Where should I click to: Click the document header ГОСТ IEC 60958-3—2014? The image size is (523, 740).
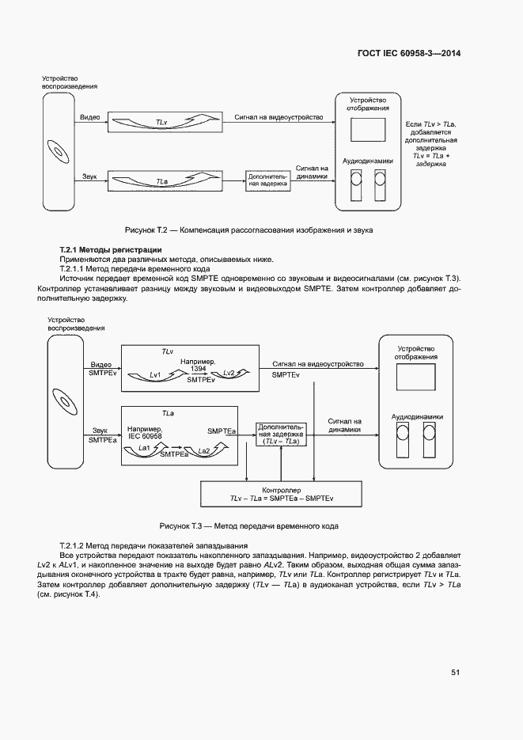click(x=410, y=53)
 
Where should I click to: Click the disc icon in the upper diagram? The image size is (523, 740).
click(x=59, y=150)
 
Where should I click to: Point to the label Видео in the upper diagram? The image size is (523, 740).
click(x=89, y=117)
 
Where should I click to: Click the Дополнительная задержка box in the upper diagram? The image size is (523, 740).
click(x=267, y=180)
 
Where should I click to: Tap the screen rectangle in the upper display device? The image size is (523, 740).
click(x=366, y=128)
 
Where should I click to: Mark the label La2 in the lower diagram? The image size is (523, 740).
click(x=203, y=450)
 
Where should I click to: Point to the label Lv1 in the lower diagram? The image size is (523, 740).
click(x=155, y=374)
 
